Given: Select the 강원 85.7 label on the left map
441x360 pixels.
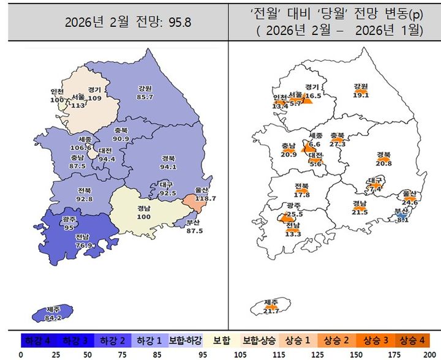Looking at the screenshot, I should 146,92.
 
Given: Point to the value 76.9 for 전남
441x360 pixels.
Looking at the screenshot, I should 85,246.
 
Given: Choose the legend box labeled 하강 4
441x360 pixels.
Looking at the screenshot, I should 38,339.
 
